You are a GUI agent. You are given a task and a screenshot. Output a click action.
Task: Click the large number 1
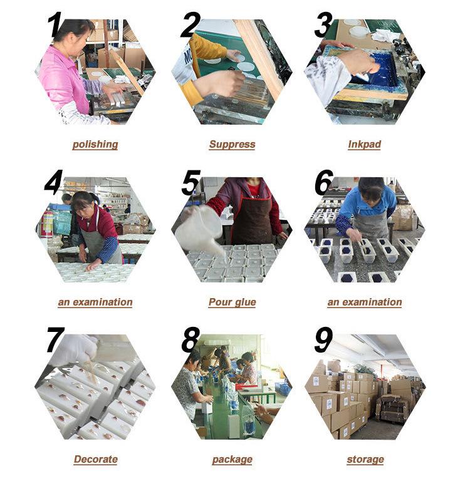54,24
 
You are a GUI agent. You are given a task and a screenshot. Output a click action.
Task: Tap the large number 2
190,24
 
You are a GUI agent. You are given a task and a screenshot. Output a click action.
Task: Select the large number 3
323,25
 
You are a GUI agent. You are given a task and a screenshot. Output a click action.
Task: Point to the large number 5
191,182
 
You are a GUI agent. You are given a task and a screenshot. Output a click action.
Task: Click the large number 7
55,339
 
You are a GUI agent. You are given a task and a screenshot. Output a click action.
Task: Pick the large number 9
323,340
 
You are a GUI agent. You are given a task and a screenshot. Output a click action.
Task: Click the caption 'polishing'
95,145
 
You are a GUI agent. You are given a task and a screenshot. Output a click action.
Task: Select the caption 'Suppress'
232,145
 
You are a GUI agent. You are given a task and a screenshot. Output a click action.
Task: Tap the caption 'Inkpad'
364,144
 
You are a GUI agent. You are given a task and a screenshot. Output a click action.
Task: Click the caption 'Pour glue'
232,302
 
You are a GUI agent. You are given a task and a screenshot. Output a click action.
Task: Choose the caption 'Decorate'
95,459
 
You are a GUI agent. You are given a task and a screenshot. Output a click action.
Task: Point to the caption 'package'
232,460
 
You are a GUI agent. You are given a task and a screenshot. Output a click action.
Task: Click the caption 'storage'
365,460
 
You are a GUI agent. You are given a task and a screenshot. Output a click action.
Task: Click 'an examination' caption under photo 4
95,302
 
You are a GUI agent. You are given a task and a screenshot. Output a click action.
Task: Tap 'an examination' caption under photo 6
365,302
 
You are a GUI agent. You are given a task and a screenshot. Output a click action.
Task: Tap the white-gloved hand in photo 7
78,348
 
